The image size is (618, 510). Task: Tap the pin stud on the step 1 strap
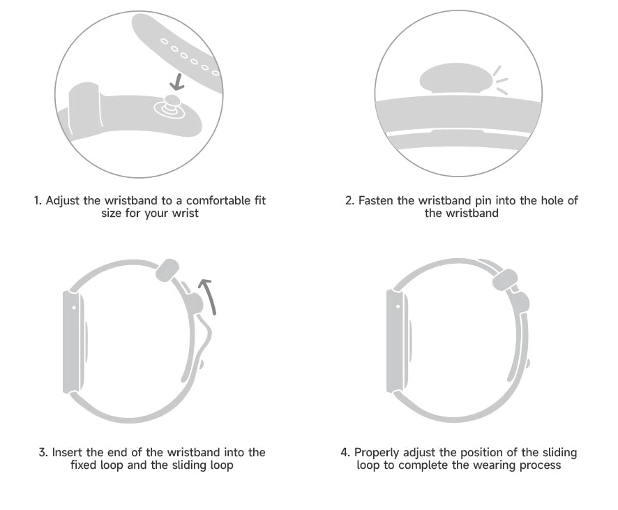pyautogui.click(x=170, y=105)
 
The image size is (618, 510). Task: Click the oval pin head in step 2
pyautogui.click(x=456, y=77)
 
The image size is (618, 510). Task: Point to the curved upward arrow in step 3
pyautogui.click(x=208, y=297)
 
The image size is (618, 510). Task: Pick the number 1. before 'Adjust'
pyautogui.click(x=38, y=201)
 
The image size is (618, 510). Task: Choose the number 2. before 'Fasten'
pyautogui.click(x=350, y=201)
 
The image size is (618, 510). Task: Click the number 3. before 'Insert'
pyautogui.click(x=43, y=452)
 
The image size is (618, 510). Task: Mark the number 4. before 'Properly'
pyautogui.click(x=345, y=452)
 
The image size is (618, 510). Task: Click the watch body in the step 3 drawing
pyautogui.click(x=74, y=342)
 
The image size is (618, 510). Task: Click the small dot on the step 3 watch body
pyautogui.click(x=74, y=307)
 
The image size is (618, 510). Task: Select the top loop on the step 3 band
pyautogui.click(x=167, y=270)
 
